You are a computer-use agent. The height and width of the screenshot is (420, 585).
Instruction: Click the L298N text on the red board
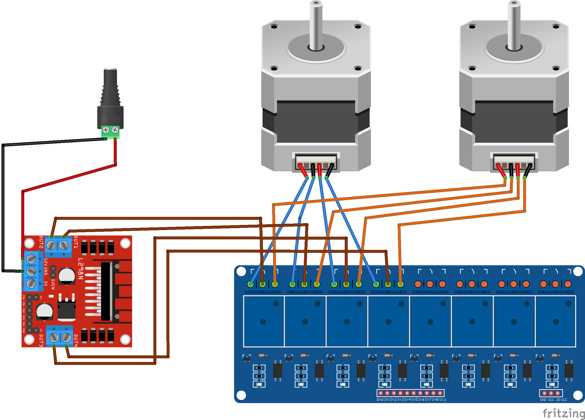coord(80,268)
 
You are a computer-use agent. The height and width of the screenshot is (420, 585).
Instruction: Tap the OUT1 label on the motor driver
coord(76,242)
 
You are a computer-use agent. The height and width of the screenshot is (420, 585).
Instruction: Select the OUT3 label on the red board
coord(41,340)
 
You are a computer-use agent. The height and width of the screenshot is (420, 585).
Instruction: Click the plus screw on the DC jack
coord(106,130)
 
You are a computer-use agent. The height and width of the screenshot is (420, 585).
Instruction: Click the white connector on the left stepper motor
coord(316,162)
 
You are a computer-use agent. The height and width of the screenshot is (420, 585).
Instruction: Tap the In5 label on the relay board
coord(414,399)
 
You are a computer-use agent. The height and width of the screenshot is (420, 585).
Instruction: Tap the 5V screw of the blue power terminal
coord(31,283)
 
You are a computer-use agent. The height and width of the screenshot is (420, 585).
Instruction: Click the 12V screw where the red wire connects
coord(31,258)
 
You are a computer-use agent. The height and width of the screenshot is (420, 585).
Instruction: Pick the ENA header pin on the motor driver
coord(29,297)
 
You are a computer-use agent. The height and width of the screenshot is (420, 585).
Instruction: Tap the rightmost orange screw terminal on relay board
coord(568,284)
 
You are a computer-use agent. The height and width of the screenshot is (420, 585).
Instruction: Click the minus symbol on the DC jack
coord(117,119)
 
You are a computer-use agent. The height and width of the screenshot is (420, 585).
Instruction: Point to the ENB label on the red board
coord(24,330)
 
